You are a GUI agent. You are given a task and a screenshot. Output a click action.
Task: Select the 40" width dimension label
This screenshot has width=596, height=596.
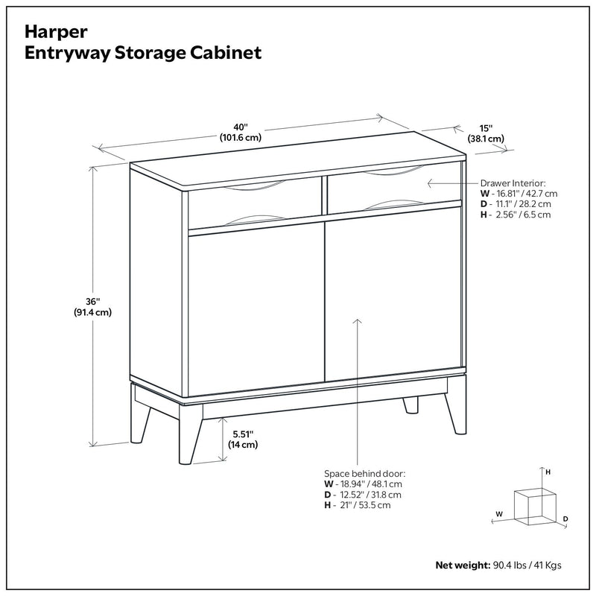click(239, 132)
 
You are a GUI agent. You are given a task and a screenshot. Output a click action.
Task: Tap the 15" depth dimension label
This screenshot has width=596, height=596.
click(486, 133)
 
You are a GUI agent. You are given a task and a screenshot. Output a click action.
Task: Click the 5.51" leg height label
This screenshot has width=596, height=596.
click(243, 440)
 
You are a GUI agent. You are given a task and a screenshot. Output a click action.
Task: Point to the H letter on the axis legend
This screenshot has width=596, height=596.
click(548, 472)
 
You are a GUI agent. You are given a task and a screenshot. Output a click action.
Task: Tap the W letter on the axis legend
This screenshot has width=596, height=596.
click(500, 514)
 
